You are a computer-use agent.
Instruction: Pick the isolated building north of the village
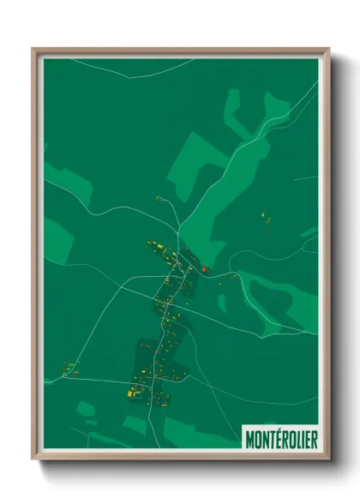pos(159,198)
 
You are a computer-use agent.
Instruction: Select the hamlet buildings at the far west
pos(69,369)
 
